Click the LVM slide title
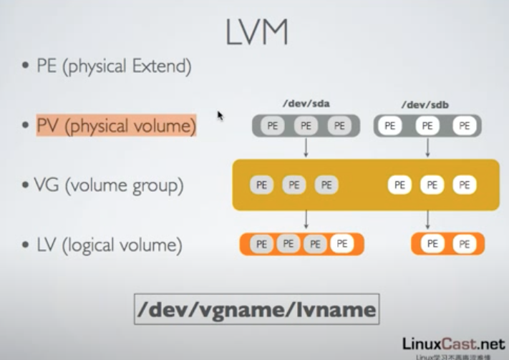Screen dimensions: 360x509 pos(256,32)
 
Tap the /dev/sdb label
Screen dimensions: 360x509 pos(427,104)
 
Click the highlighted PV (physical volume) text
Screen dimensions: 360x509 pos(116,127)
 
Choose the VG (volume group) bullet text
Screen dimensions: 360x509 pos(108,186)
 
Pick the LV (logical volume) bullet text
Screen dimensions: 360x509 pos(107,245)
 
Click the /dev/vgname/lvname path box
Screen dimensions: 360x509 pos(256,309)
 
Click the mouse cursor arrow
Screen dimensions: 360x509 pos(220,115)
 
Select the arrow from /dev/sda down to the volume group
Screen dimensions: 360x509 pos(306,147)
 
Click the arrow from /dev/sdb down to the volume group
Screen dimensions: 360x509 pos(427,147)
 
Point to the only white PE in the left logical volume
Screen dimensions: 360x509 pos(342,244)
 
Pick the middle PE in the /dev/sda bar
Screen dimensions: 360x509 pos(306,126)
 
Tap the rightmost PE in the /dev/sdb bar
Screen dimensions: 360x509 pos(465,126)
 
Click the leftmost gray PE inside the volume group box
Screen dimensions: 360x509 pos(261,185)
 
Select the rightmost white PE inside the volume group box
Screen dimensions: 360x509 pos(465,185)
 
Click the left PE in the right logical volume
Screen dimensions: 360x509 pos(432,244)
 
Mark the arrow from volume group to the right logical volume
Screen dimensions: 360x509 pos(427,219)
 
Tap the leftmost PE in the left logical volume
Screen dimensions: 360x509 pos(261,244)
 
